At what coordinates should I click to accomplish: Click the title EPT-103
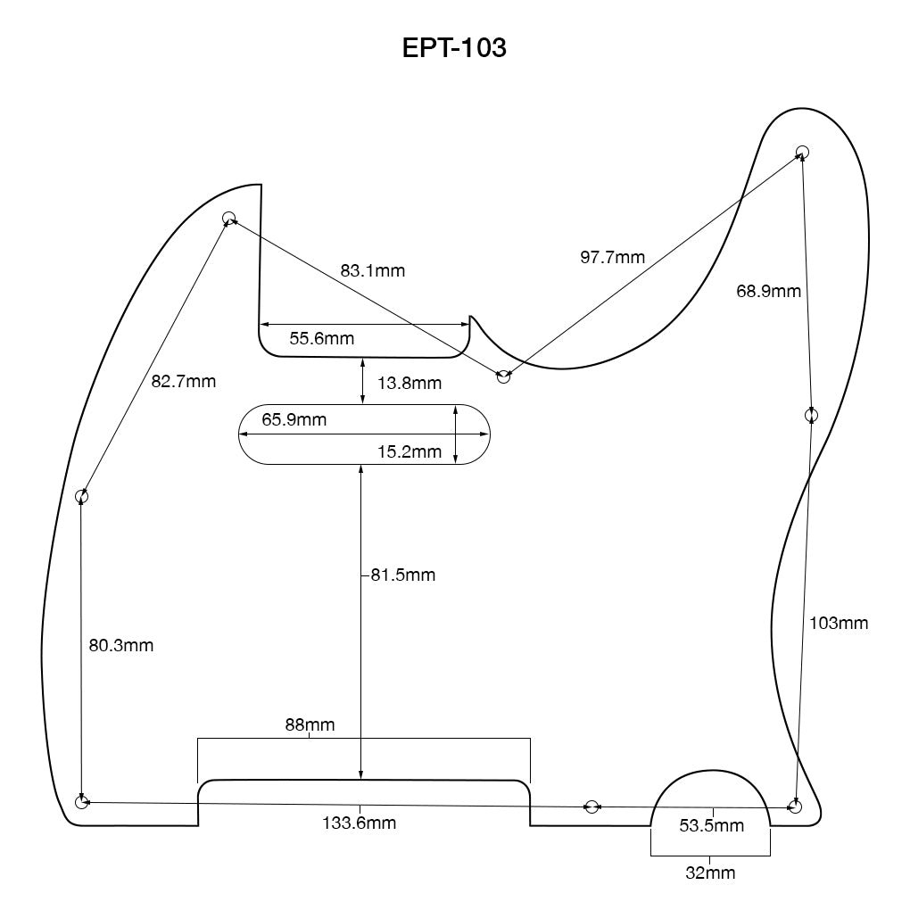coord(454,47)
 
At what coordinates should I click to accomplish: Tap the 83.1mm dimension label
coord(372,270)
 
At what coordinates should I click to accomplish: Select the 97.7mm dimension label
coord(612,258)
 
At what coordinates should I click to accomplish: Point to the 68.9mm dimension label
coord(768,291)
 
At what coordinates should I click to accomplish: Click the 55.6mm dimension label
coord(321,339)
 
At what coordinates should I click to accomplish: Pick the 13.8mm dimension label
coord(409,384)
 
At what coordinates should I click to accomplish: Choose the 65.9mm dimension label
coord(294,419)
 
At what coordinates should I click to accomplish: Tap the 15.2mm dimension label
coord(409,452)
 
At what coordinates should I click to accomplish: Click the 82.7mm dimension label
coord(184,382)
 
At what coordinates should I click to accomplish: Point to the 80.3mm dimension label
coord(121,645)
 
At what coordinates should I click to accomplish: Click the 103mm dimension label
coord(838,624)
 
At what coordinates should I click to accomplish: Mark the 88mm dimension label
coord(310,724)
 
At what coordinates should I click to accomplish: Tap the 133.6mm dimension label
coord(359,823)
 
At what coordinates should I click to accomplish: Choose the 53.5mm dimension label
coord(711,826)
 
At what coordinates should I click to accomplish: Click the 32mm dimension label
coord(710,873)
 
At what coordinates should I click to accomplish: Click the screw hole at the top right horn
coord(802,152)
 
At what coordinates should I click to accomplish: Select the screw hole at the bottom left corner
coord(82,803)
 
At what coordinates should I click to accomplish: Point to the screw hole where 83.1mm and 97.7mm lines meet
coord(504,377)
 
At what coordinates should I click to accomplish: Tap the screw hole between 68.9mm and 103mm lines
coord(811,415)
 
